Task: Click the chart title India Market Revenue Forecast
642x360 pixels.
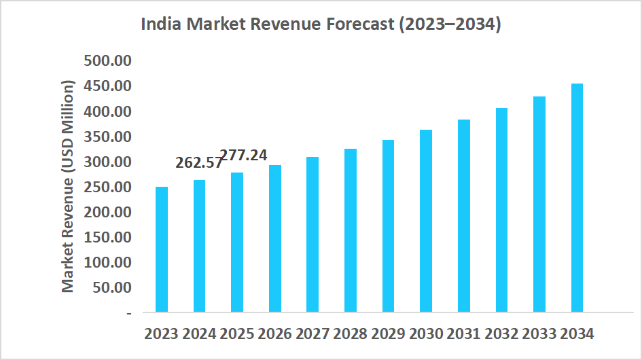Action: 321,25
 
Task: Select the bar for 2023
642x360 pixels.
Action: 162,249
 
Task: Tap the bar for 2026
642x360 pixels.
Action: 275,238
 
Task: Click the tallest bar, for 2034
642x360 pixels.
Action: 577,198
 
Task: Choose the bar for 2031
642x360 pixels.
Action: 464,216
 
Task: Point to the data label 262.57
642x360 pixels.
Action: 199,163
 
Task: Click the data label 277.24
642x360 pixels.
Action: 244,155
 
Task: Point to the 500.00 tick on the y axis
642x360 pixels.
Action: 107,61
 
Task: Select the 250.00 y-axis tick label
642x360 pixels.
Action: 107,187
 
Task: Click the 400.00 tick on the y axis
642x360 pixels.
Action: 107,111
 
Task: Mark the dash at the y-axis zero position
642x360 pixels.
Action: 128,313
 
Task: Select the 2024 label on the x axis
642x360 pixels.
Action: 199,334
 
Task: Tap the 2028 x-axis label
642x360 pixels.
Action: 350,334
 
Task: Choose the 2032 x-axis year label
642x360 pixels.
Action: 501,334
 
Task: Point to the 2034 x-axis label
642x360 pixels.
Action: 577,334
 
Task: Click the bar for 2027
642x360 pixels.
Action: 313,234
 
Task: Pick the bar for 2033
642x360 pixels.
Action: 539,204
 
